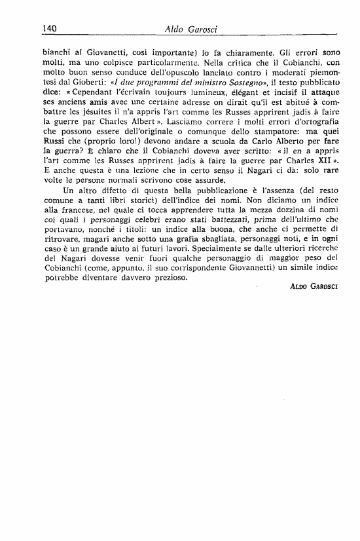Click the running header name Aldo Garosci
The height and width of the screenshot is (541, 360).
click(187, 28)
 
